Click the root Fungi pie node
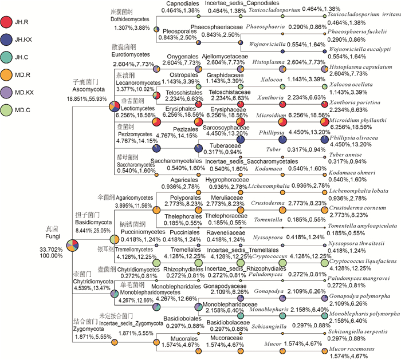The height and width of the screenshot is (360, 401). pos(73,246)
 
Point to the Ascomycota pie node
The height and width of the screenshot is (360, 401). pos(114,106)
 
